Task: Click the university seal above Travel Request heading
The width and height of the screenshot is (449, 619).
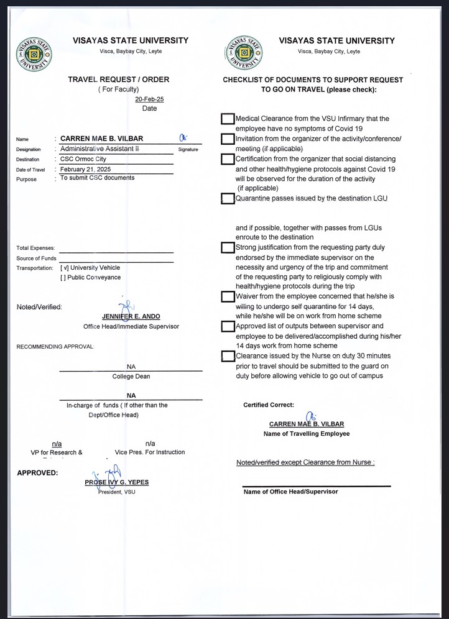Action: pos(35,54)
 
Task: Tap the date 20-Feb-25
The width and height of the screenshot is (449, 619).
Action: pos(149,99)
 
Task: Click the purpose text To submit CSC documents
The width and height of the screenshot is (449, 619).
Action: pos(97,178)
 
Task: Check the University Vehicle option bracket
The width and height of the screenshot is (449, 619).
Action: pos(63,268)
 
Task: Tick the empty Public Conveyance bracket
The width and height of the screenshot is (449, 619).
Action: pos(63,278)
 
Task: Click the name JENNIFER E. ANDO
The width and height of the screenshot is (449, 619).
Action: pos(131,316)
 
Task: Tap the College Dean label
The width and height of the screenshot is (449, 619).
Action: pos(131,377)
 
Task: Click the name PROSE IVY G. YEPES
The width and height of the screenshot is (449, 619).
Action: pos(117,482)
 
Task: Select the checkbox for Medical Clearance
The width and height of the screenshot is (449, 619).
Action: pos(228,119)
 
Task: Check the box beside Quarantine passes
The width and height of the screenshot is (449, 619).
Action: pos(228,199)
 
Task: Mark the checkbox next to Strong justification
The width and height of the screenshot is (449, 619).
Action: pos(228,248)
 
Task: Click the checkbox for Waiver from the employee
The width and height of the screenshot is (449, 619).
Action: pos(228,296)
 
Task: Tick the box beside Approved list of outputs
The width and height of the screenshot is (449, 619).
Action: pos(228,326)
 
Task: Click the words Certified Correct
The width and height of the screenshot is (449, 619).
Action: pos(269,405)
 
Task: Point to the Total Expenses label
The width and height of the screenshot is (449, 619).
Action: pos(35,248)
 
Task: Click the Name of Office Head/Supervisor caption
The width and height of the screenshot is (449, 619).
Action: pos(290,492)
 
